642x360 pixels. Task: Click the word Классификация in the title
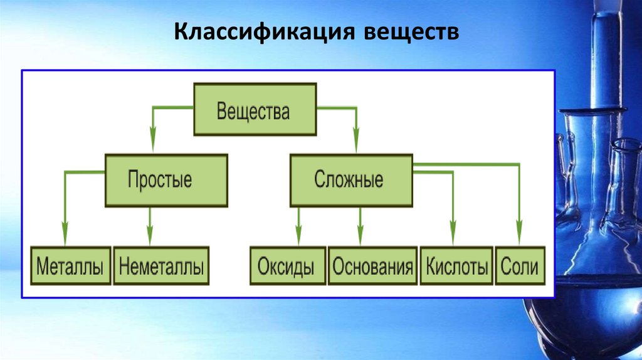pos(262,33)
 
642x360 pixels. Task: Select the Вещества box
pos(254,112)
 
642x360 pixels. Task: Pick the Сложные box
pos(351,180)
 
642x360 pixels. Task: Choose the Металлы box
pos(70,267)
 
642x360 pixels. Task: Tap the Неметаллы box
pos(161,267)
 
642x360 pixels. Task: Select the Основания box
pos(372,267)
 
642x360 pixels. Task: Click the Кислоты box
pos(456,267)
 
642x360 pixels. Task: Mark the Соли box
pos(520,267)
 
